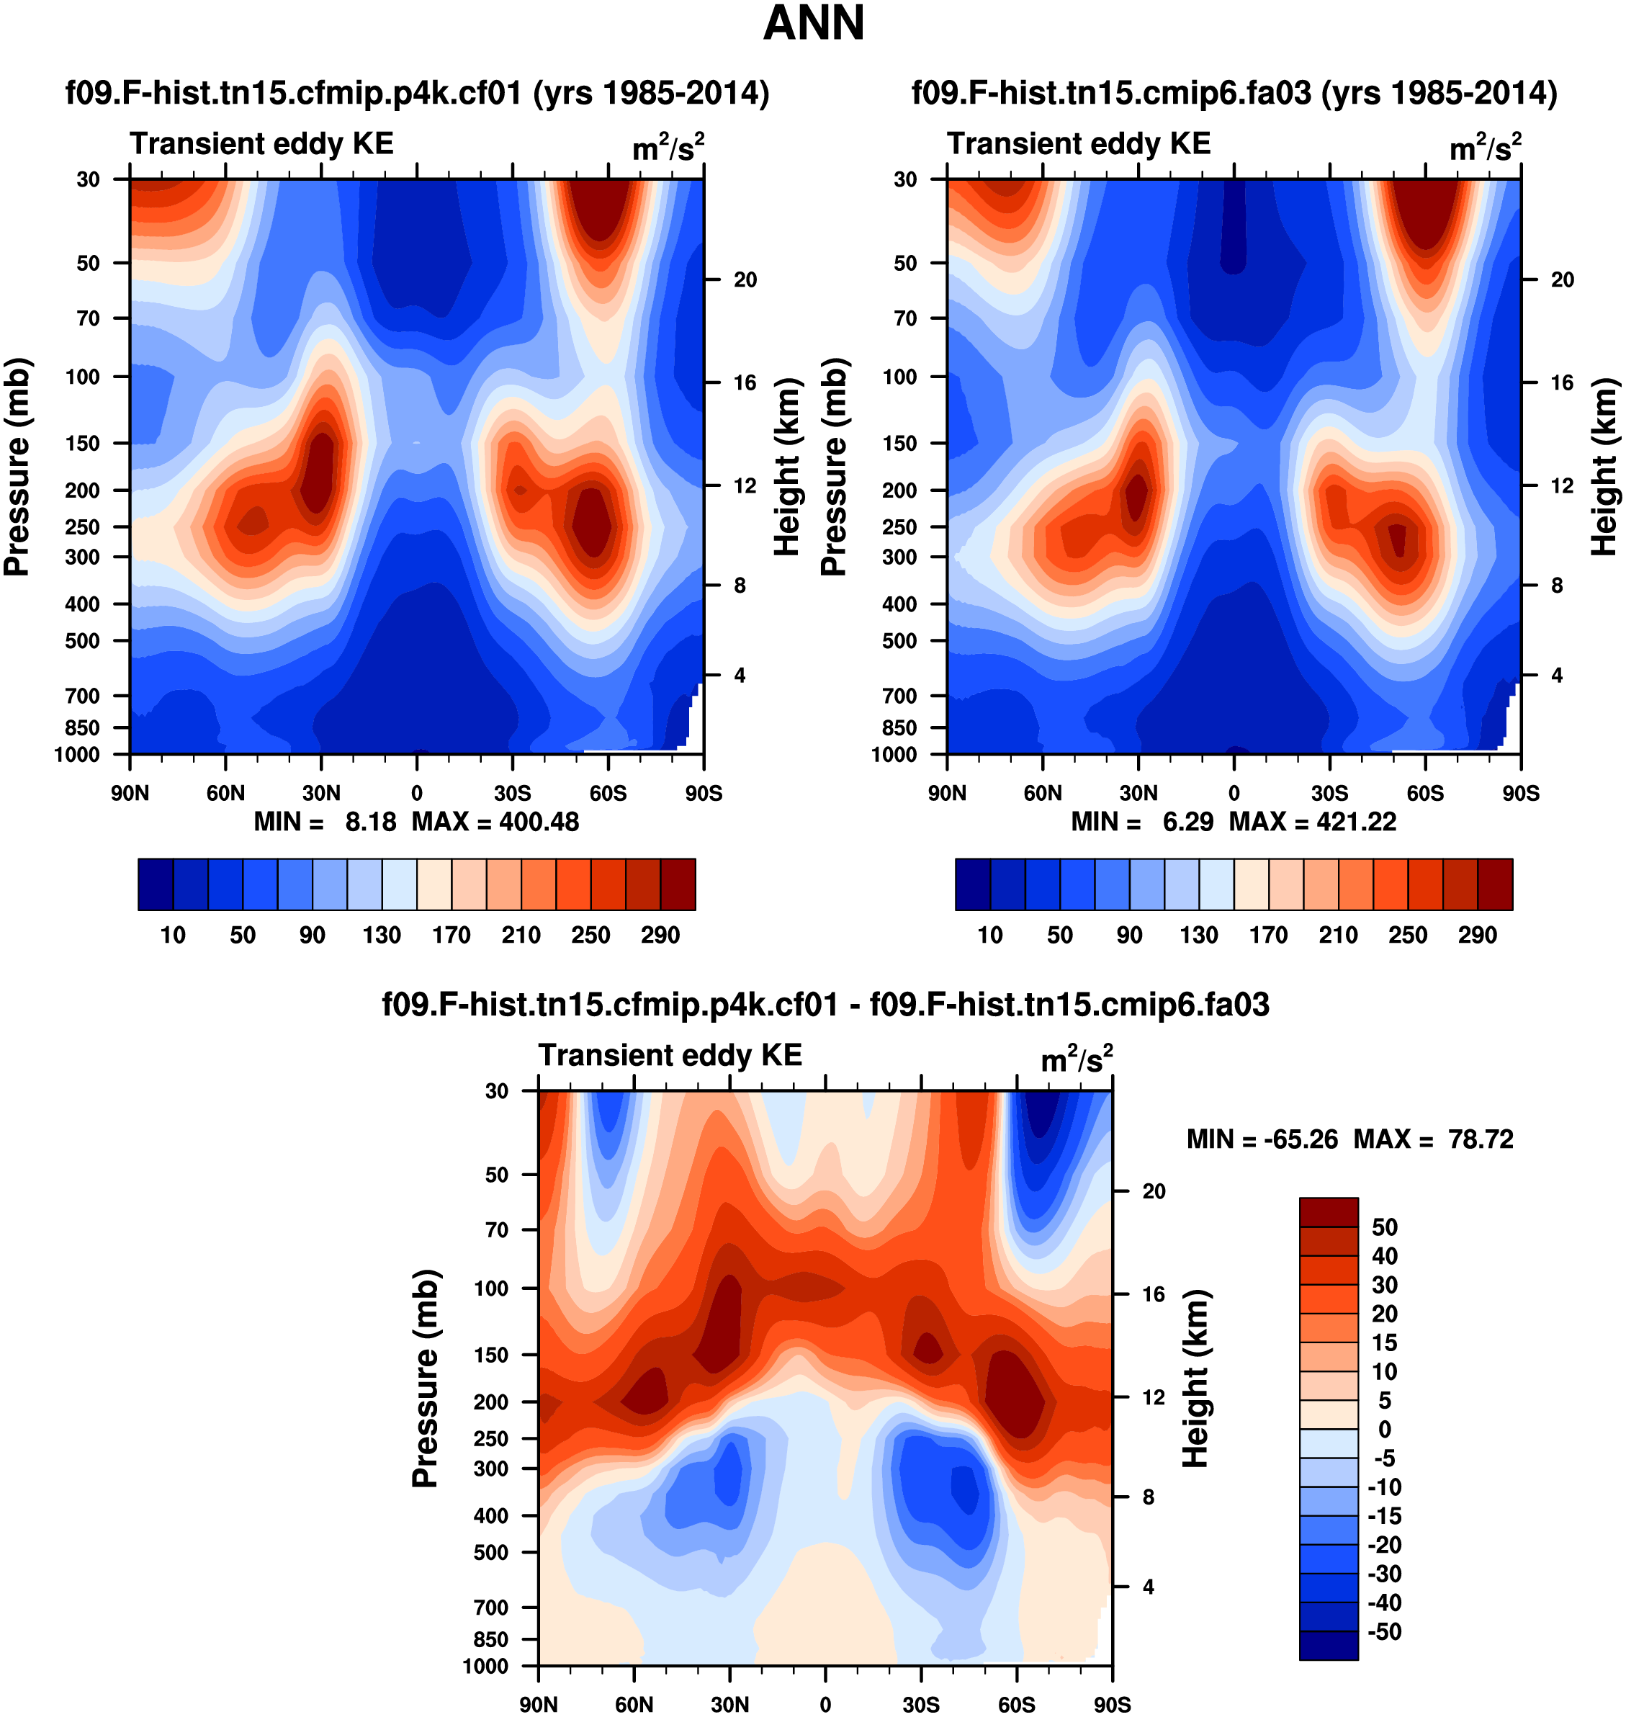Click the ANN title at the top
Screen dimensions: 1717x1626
click(813, 23)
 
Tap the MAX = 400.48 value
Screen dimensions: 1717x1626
click(495, 822)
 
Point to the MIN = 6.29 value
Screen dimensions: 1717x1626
click(1141, 822)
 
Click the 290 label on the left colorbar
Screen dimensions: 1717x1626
click(660, 936)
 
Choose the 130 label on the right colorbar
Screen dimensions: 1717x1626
click(1199, 936)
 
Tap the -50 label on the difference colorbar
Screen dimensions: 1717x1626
click(1384, 1631)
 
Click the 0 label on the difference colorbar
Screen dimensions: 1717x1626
click(1384, 1429)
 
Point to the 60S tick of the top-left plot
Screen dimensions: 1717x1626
click(608, 793)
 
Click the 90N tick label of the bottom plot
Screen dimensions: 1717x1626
click(538, 1704)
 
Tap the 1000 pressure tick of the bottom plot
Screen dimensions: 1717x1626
click(485, 1666)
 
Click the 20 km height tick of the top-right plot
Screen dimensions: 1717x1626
click(1562, 280)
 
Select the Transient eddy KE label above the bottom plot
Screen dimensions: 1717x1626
click(670, 1055)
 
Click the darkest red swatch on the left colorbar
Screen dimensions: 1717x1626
click(678, 884)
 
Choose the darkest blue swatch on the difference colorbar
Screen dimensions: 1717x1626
click(1328, 1645)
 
